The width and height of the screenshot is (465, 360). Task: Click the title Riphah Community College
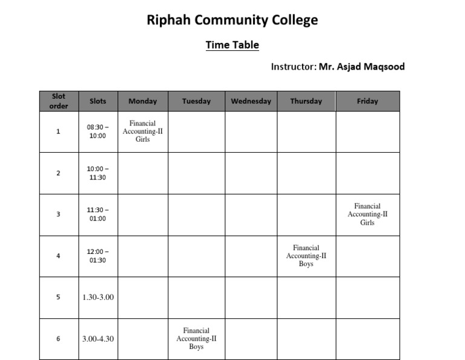point(232,20)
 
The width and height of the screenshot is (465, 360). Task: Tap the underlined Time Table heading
point(232,45)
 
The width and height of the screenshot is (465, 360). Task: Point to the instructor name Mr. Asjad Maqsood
point(361,67)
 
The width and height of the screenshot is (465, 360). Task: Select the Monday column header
point(143,101)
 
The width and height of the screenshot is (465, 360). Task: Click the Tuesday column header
point(196,101)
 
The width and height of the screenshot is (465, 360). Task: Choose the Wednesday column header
point(251,101)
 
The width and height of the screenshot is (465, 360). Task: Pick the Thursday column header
point(306,101)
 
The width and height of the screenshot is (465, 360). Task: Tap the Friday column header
point(367,101)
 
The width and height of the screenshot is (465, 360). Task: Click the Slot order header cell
point(59,101)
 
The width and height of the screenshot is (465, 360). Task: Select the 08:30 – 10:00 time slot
point(97,132)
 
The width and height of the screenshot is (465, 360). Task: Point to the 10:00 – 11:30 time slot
point(97,173)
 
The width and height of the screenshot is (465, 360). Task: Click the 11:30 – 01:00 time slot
point(97,214)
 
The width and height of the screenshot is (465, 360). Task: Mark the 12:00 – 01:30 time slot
point(97,256)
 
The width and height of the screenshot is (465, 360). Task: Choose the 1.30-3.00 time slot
point(98,297)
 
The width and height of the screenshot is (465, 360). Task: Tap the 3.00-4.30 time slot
point(98,339)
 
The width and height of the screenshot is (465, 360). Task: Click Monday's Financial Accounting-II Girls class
point(143,132)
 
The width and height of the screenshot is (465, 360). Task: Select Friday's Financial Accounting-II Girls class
point(368,215)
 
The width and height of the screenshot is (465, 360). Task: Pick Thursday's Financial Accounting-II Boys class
point(306,256)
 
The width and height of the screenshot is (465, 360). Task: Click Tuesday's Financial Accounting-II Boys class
point(196,339)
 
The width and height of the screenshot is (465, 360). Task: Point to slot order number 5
point(59,297)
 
